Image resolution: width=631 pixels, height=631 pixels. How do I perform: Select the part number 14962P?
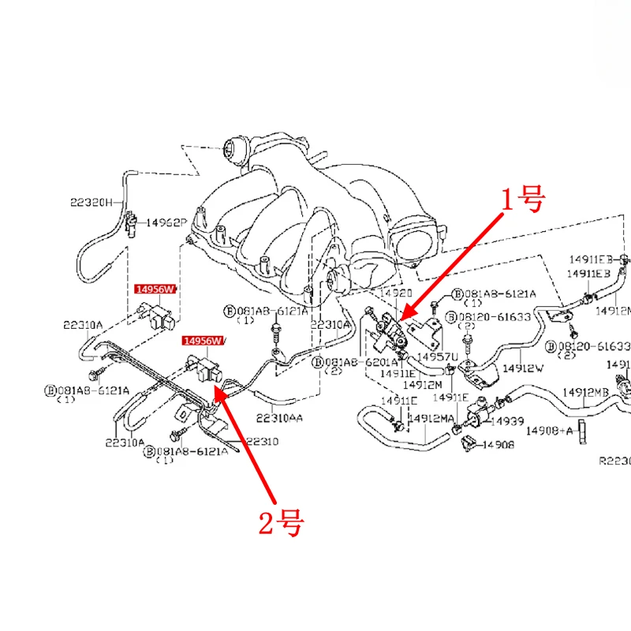click(x=163, y=224)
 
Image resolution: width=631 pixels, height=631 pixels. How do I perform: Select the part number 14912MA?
click(x=431, y=418)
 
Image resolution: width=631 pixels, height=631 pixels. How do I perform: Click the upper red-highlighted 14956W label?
click(x=154, y=289)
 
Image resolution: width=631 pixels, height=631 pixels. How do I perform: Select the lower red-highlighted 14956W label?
click(x=203, y=341)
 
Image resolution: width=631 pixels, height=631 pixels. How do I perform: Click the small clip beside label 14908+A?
click(x=583, y=431)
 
